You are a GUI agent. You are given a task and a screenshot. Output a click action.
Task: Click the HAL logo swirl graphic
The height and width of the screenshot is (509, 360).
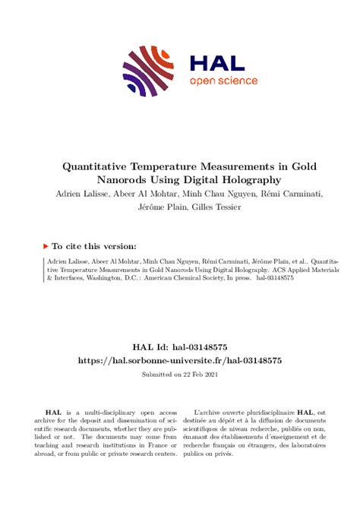[x=144, y=71]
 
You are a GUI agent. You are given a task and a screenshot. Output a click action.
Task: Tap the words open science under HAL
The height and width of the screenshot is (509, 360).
[x=223, y=81]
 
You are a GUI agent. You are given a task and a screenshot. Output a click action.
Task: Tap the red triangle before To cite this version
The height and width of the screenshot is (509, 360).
[x=46, y=246]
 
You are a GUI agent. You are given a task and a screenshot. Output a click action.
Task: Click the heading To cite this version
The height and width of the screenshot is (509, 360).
[x=95, y=246]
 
